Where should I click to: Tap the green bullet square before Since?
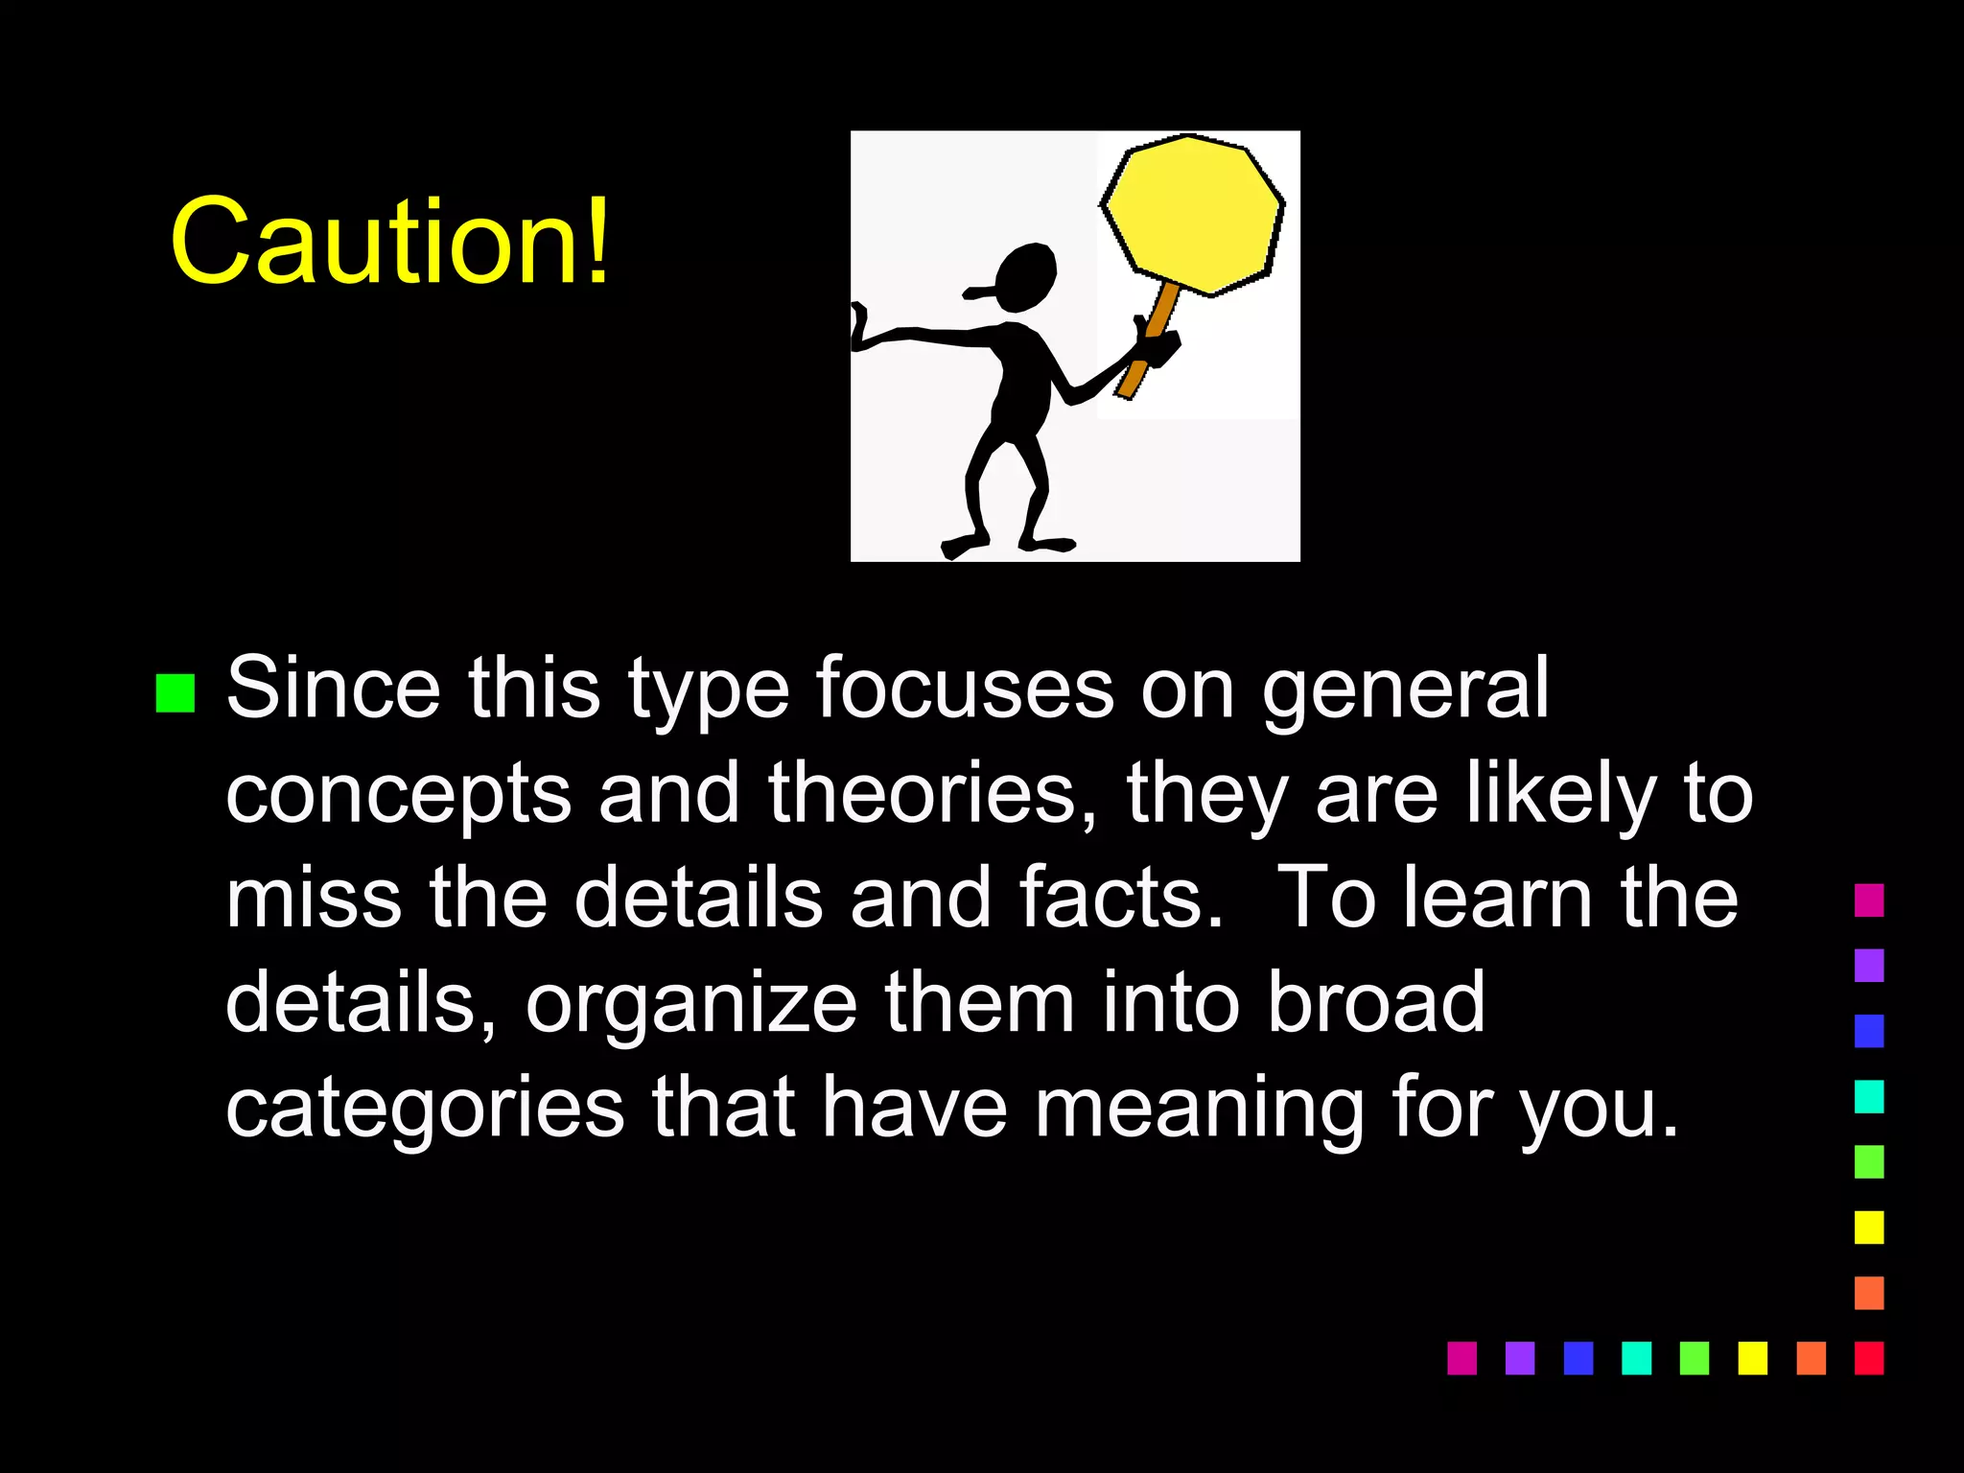click(175, 692)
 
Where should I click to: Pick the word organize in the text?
click(690, 1004)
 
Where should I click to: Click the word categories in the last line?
click(425, 1109)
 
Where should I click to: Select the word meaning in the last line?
click(1199, 1109)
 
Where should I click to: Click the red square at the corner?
click(1869, 1358)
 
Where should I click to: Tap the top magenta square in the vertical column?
click(1869, 900)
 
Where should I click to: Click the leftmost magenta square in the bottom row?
click(1461, 1358)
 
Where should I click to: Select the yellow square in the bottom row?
click(1752, 1358)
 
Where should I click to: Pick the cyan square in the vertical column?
click(1869, 1096)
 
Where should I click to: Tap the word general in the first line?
click(1405, 689)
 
